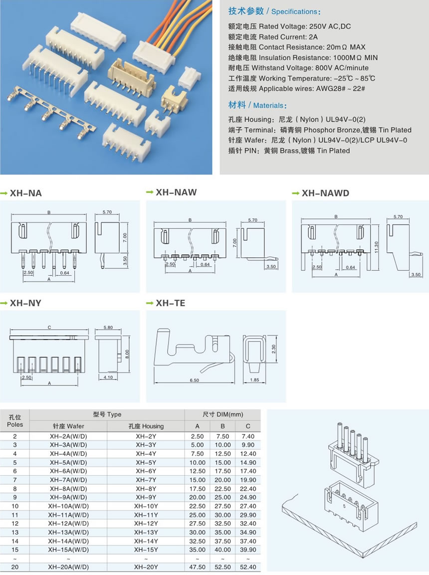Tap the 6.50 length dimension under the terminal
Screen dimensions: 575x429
(x=195, y=381)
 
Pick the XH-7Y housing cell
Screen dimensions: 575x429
(x=146, y=479)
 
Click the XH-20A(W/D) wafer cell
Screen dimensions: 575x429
(x=68, y=567)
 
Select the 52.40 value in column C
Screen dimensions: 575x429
(x=248, y=567)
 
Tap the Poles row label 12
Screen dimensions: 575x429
(x=15, y=523)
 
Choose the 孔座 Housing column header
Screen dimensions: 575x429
(x=146, y=426)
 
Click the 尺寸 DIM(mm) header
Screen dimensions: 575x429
(x=222, y=414)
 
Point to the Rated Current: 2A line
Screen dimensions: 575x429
(x=273, y=37)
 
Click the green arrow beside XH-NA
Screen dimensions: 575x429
(x=4, y=193)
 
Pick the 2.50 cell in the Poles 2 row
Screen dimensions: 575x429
(x=197, y=436)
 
